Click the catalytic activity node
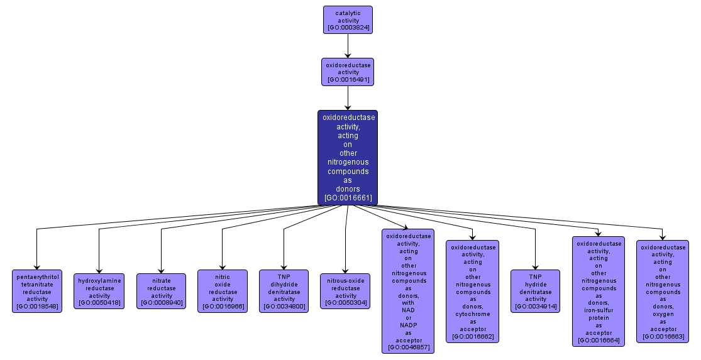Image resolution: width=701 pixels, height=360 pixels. pos(348,19)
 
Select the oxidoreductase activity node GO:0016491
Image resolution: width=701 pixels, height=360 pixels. pos(348,72)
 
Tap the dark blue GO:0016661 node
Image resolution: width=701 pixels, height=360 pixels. pos(348,157)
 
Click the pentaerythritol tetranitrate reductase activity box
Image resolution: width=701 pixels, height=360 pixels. pos(37,291)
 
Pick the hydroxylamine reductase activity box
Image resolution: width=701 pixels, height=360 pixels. pos(99,291)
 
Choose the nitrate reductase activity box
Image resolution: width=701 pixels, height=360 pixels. pos(161,291)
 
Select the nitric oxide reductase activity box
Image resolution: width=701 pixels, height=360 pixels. pos(223,291)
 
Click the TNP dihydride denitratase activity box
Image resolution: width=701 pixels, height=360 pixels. pos(284,291)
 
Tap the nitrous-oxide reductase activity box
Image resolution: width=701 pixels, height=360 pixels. pos(345,291)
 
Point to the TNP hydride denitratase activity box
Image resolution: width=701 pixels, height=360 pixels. pos(535,291)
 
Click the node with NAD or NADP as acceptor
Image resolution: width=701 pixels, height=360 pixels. pos(408,291)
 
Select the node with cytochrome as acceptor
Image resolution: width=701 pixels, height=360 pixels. pos(472,291)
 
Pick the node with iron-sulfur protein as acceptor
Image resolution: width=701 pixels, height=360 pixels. pos(598,291)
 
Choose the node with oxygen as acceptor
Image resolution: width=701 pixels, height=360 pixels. pos(662,291)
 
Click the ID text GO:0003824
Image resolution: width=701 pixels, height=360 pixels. pos(348,28)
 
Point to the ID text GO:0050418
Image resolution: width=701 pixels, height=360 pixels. pos(99,303)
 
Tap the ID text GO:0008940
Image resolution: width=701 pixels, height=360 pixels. pos(161,303)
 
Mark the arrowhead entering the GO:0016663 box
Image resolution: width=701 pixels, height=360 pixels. pos(662,237)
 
